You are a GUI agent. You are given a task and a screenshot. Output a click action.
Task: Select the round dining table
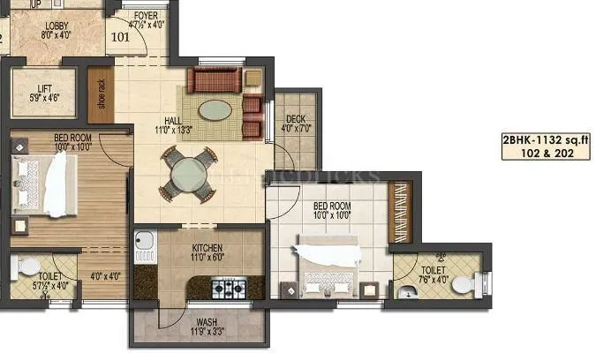187,173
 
